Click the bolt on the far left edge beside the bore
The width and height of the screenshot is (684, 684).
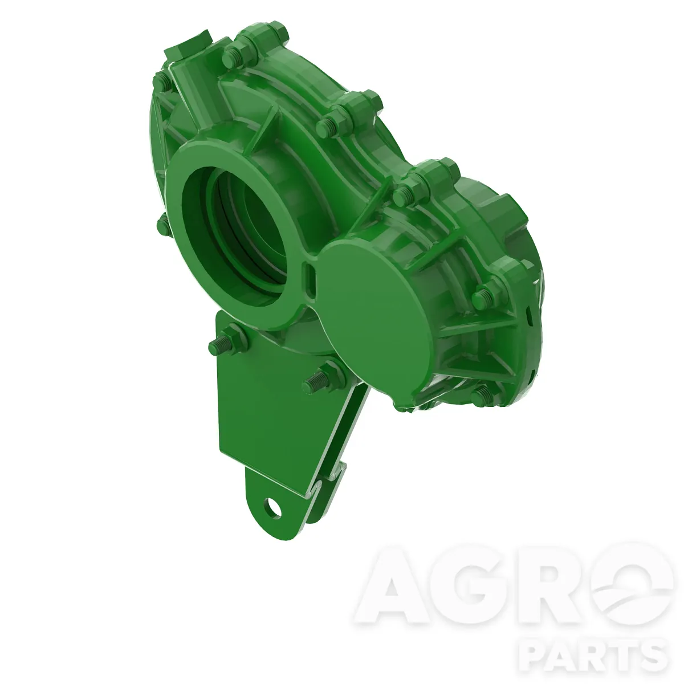click(164, 223)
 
